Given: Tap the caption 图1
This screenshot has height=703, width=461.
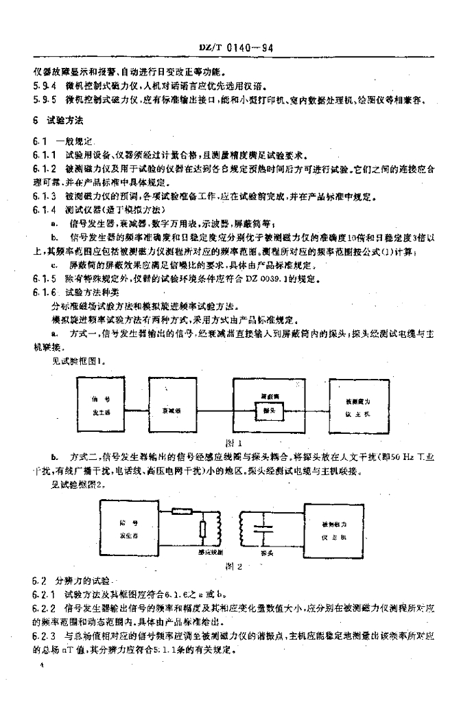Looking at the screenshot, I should (235, 443).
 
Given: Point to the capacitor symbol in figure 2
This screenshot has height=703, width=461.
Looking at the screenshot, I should (258, 529).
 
